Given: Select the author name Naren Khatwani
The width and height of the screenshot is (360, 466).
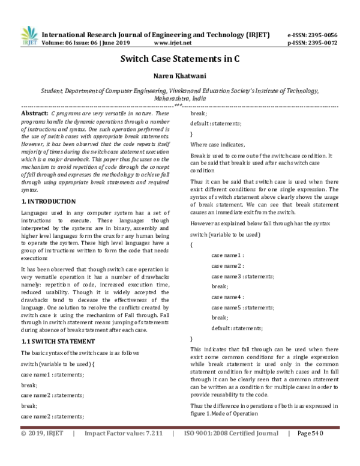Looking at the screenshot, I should pos(180,77).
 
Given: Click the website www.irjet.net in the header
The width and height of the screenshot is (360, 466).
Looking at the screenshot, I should pos(173,43).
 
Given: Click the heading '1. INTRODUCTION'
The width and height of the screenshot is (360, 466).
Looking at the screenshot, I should pos(48,184).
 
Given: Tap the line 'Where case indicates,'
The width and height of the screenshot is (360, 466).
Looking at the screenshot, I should pos(217,145).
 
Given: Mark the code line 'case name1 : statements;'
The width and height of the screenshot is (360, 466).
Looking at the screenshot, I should pos(52,374).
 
